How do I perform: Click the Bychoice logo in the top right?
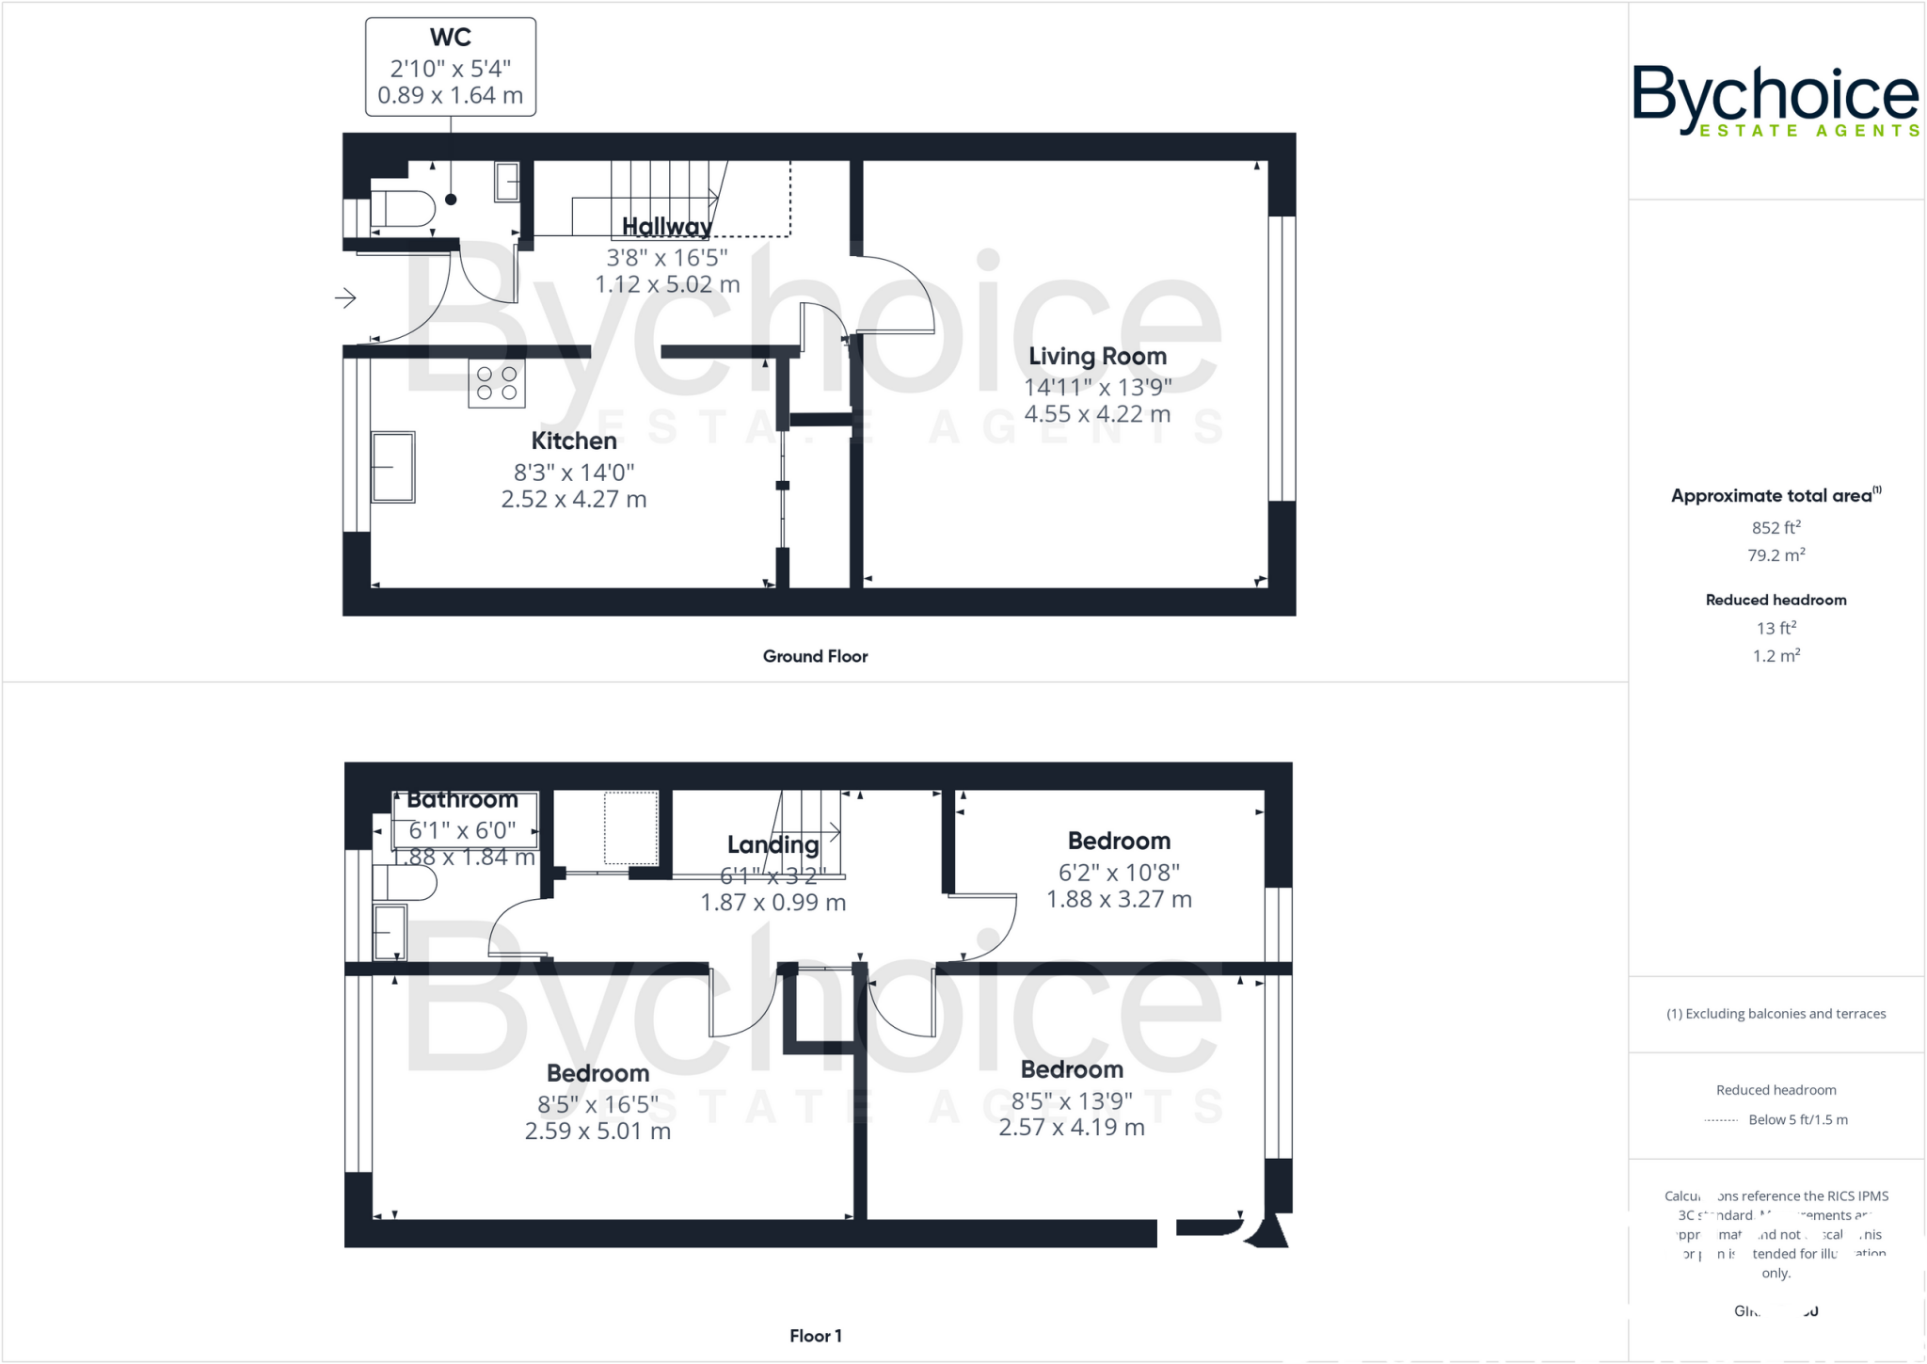point(1775,100)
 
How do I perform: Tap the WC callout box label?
point(450,38)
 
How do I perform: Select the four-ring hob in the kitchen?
point(497,383)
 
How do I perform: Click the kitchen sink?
point(392,467)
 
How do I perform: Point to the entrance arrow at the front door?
point(345,298)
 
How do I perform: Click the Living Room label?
point(1097,357)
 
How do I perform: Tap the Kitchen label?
point(574,441)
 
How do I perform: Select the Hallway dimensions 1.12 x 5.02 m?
point(667,284)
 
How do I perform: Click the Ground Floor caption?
point(815,656)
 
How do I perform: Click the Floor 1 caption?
point(815,1336)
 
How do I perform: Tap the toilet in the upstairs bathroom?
point(406,884)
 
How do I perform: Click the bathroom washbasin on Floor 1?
point(390,932)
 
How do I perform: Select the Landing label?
point(772,844)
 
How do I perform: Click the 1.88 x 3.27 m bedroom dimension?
point(1119,899)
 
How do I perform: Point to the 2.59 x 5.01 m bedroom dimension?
point(597,1131)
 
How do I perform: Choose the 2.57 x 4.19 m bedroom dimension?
point(1071,1127)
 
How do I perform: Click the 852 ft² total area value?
point(1776,528)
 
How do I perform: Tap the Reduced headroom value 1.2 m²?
point(1776,656)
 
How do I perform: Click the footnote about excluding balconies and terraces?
point(1776,1014)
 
